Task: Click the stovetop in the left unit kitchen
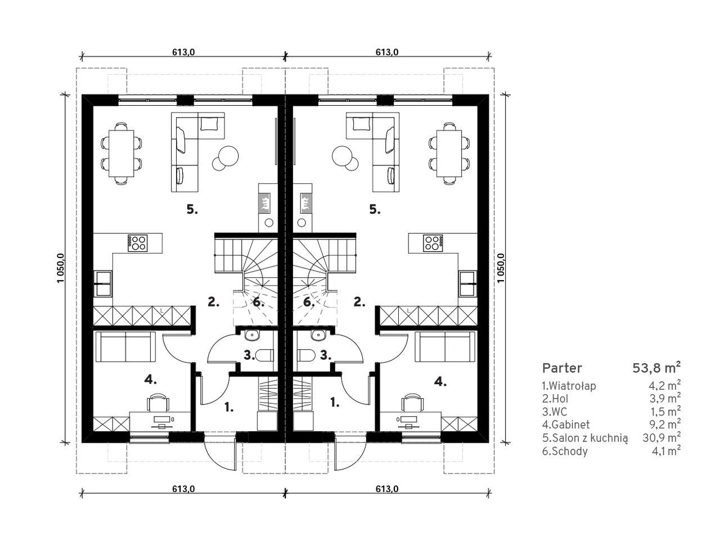pos(137,243)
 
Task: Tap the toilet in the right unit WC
pos(306,355)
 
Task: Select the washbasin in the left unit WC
pos(251,335)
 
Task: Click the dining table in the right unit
pos(449,153)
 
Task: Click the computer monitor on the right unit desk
pos(408,419)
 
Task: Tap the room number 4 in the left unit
pos(150,380)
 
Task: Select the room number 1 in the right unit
pos(334,402)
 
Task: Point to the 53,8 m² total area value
pos(656,368)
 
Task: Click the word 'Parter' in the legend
pos(562,368)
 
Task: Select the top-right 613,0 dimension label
pos(387,52)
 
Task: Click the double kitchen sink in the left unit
pos(103,283)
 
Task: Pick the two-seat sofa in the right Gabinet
pos(444,347)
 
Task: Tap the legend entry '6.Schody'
pos(565,451)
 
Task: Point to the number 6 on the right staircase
pos(308,302)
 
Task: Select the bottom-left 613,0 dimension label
pos(183,489)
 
